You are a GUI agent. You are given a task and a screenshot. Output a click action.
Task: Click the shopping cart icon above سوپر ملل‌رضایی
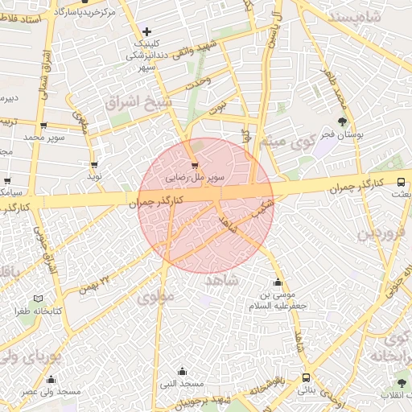pyautogui.click(x=194, y=165)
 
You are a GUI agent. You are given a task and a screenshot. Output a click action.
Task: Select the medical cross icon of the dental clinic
pyautogui.click(x=146, y=31)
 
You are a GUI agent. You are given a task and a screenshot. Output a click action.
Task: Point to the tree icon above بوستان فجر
pyautogui.click(x=343, y=122)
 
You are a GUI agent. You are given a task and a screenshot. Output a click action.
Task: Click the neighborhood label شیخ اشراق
pyautogui.click(x=138, y=101)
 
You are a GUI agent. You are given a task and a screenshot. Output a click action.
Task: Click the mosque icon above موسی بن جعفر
pyautogui.click(x=278, y=282)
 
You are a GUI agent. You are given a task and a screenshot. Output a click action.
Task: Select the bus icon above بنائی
pyautogui.click(x=306, y=377)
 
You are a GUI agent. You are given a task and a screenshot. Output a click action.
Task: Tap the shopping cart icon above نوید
pyautogui.click(x=94, y=164)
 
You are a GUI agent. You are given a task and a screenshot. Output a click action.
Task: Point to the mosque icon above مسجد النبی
pyautogui.click(x=182, y=372)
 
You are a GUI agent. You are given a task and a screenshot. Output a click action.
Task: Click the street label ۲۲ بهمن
pyautogui.click(x=93, y=286)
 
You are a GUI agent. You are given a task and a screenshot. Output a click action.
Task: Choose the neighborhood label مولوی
pyautogui.click(x=155, y=297)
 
